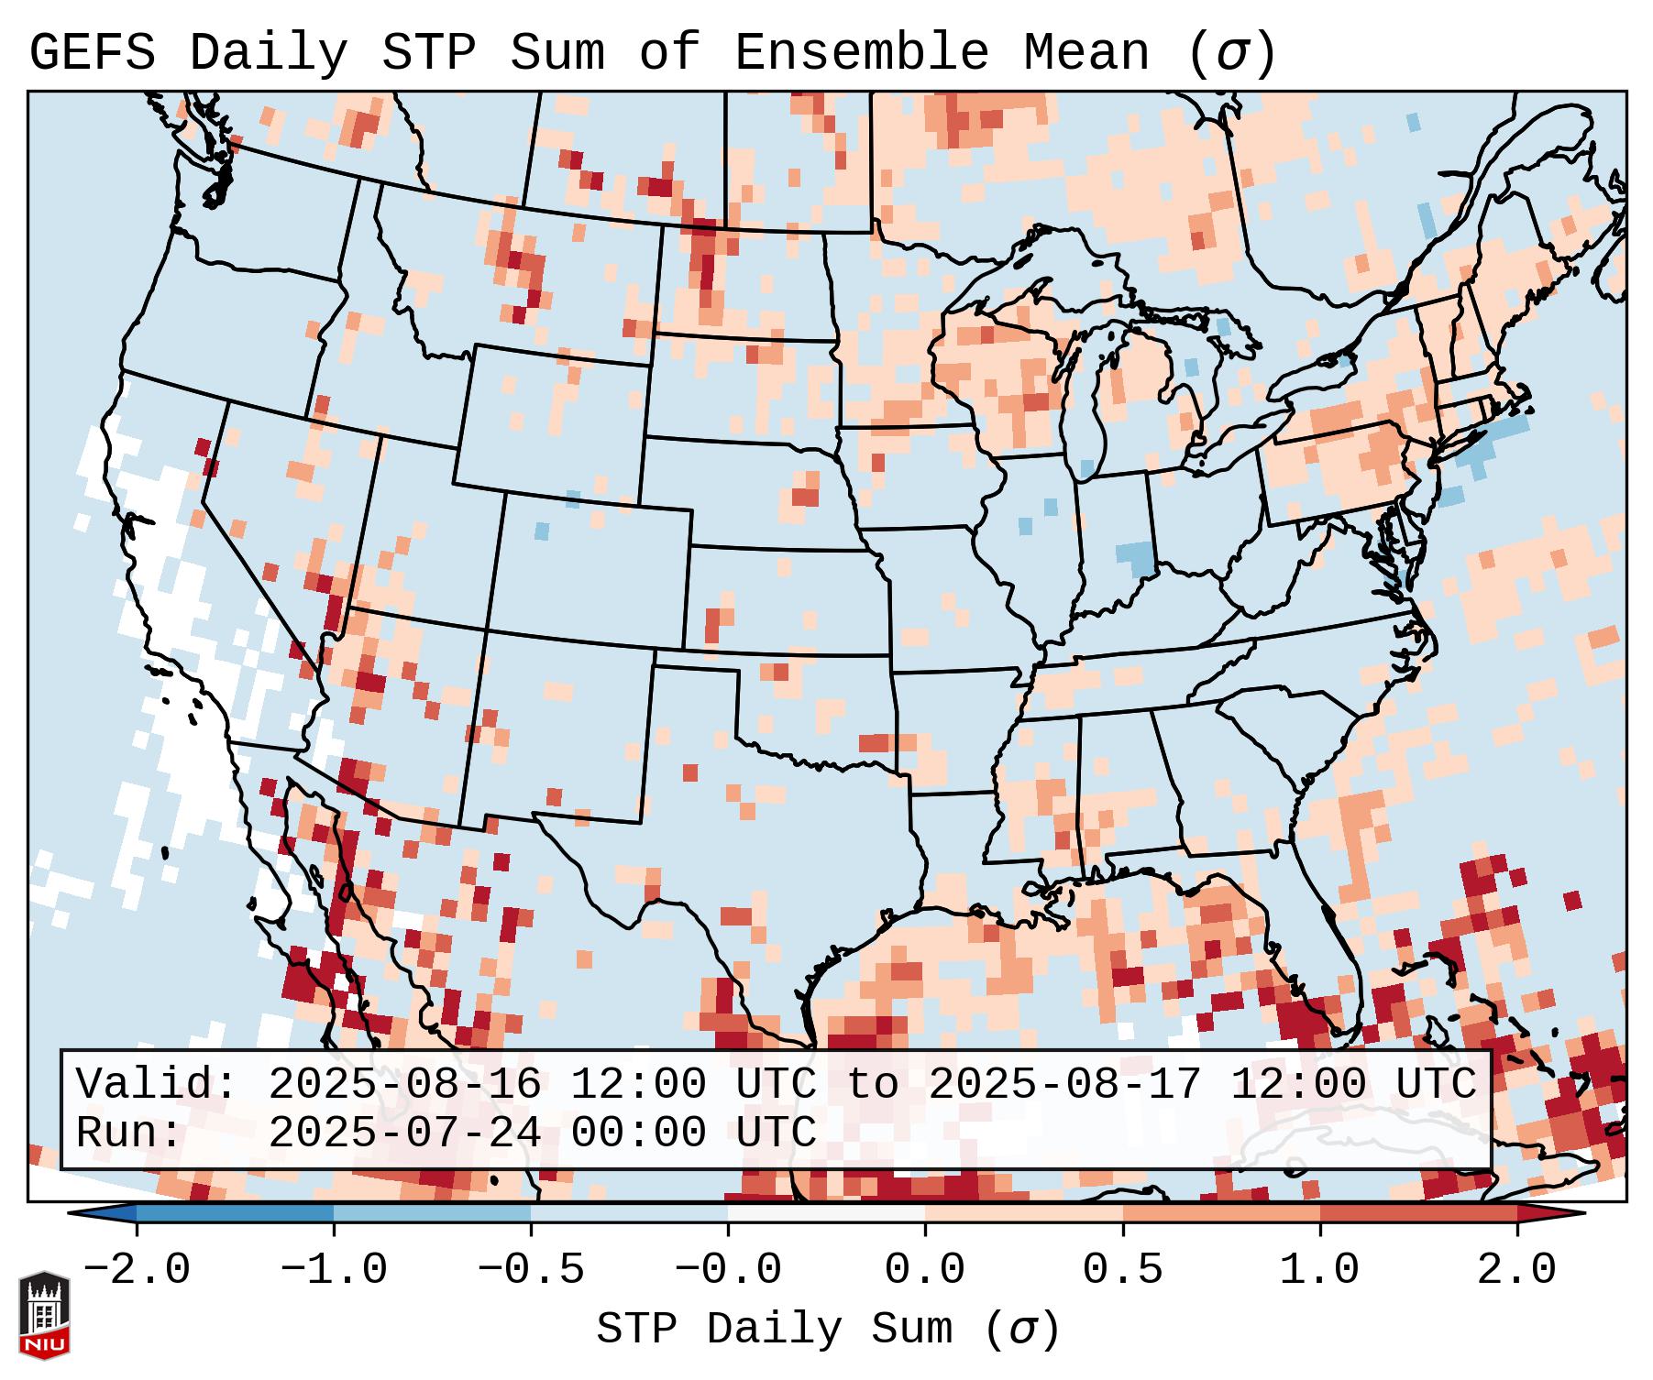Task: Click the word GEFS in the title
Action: tap(92, 53)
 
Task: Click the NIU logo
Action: tap(44, 1315)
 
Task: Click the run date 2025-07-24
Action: tap(404, 1134)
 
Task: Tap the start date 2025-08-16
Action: tap(404, 1085)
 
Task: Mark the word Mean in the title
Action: tap(1086, 53)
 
